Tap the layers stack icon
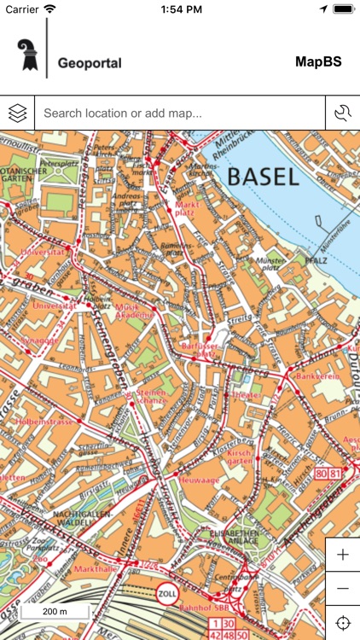tap(17, 113)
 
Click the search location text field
tap(179, 113)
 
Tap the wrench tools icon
tap(343, 113)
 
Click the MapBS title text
tap(318, 61)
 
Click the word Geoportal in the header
tap(90, 63)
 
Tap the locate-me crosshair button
tap(343, 623)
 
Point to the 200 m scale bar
tap(55, 612)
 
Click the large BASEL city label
tap(263, 177)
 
